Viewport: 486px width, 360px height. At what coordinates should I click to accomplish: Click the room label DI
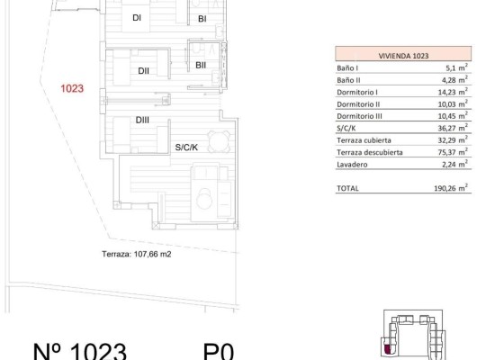136,18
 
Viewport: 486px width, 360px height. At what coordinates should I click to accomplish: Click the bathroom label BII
201,64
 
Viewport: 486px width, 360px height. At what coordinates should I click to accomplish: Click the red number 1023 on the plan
72,88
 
